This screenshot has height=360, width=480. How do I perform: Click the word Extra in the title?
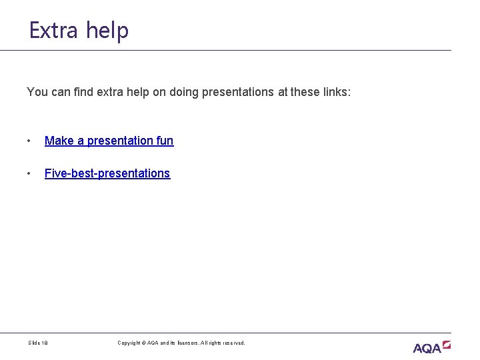(53, 31)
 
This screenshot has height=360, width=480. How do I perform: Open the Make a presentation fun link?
(109, 141)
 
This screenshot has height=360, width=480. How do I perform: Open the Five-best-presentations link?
(107, 173)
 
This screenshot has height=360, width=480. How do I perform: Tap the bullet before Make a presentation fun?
(29, 141)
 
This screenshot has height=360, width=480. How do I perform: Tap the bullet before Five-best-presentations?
(29, 174)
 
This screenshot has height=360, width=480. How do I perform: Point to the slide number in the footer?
(37, 343)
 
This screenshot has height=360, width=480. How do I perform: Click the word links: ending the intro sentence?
(335, 91)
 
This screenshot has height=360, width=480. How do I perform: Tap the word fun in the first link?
(165, 141)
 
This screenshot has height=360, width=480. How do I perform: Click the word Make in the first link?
(57, 141)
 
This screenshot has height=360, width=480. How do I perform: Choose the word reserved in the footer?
(233, 343)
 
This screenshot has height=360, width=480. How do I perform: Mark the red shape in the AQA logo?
(446, 344)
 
